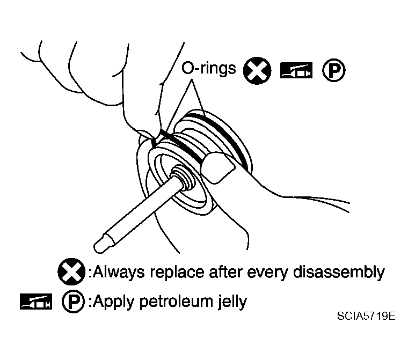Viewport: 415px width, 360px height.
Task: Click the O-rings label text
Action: click(x=208, y=68)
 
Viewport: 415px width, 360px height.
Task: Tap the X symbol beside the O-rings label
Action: click(x=257, y=71)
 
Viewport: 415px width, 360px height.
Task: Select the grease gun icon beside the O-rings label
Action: click(x=296, y=71)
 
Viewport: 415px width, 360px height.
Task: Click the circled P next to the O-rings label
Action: click(x=334, y=70)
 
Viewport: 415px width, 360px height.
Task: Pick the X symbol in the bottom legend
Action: click(x=71, y=271)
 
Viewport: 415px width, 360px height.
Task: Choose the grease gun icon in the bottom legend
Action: click(x=36, y=302)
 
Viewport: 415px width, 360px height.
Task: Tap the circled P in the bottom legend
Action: click(x=73, y=302)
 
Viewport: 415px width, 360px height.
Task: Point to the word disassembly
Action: click(x=339, y=272)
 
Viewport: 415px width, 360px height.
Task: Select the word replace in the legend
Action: click(x=177, y=273)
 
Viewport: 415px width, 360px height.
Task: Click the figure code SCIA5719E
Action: click(x=366, y=316)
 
